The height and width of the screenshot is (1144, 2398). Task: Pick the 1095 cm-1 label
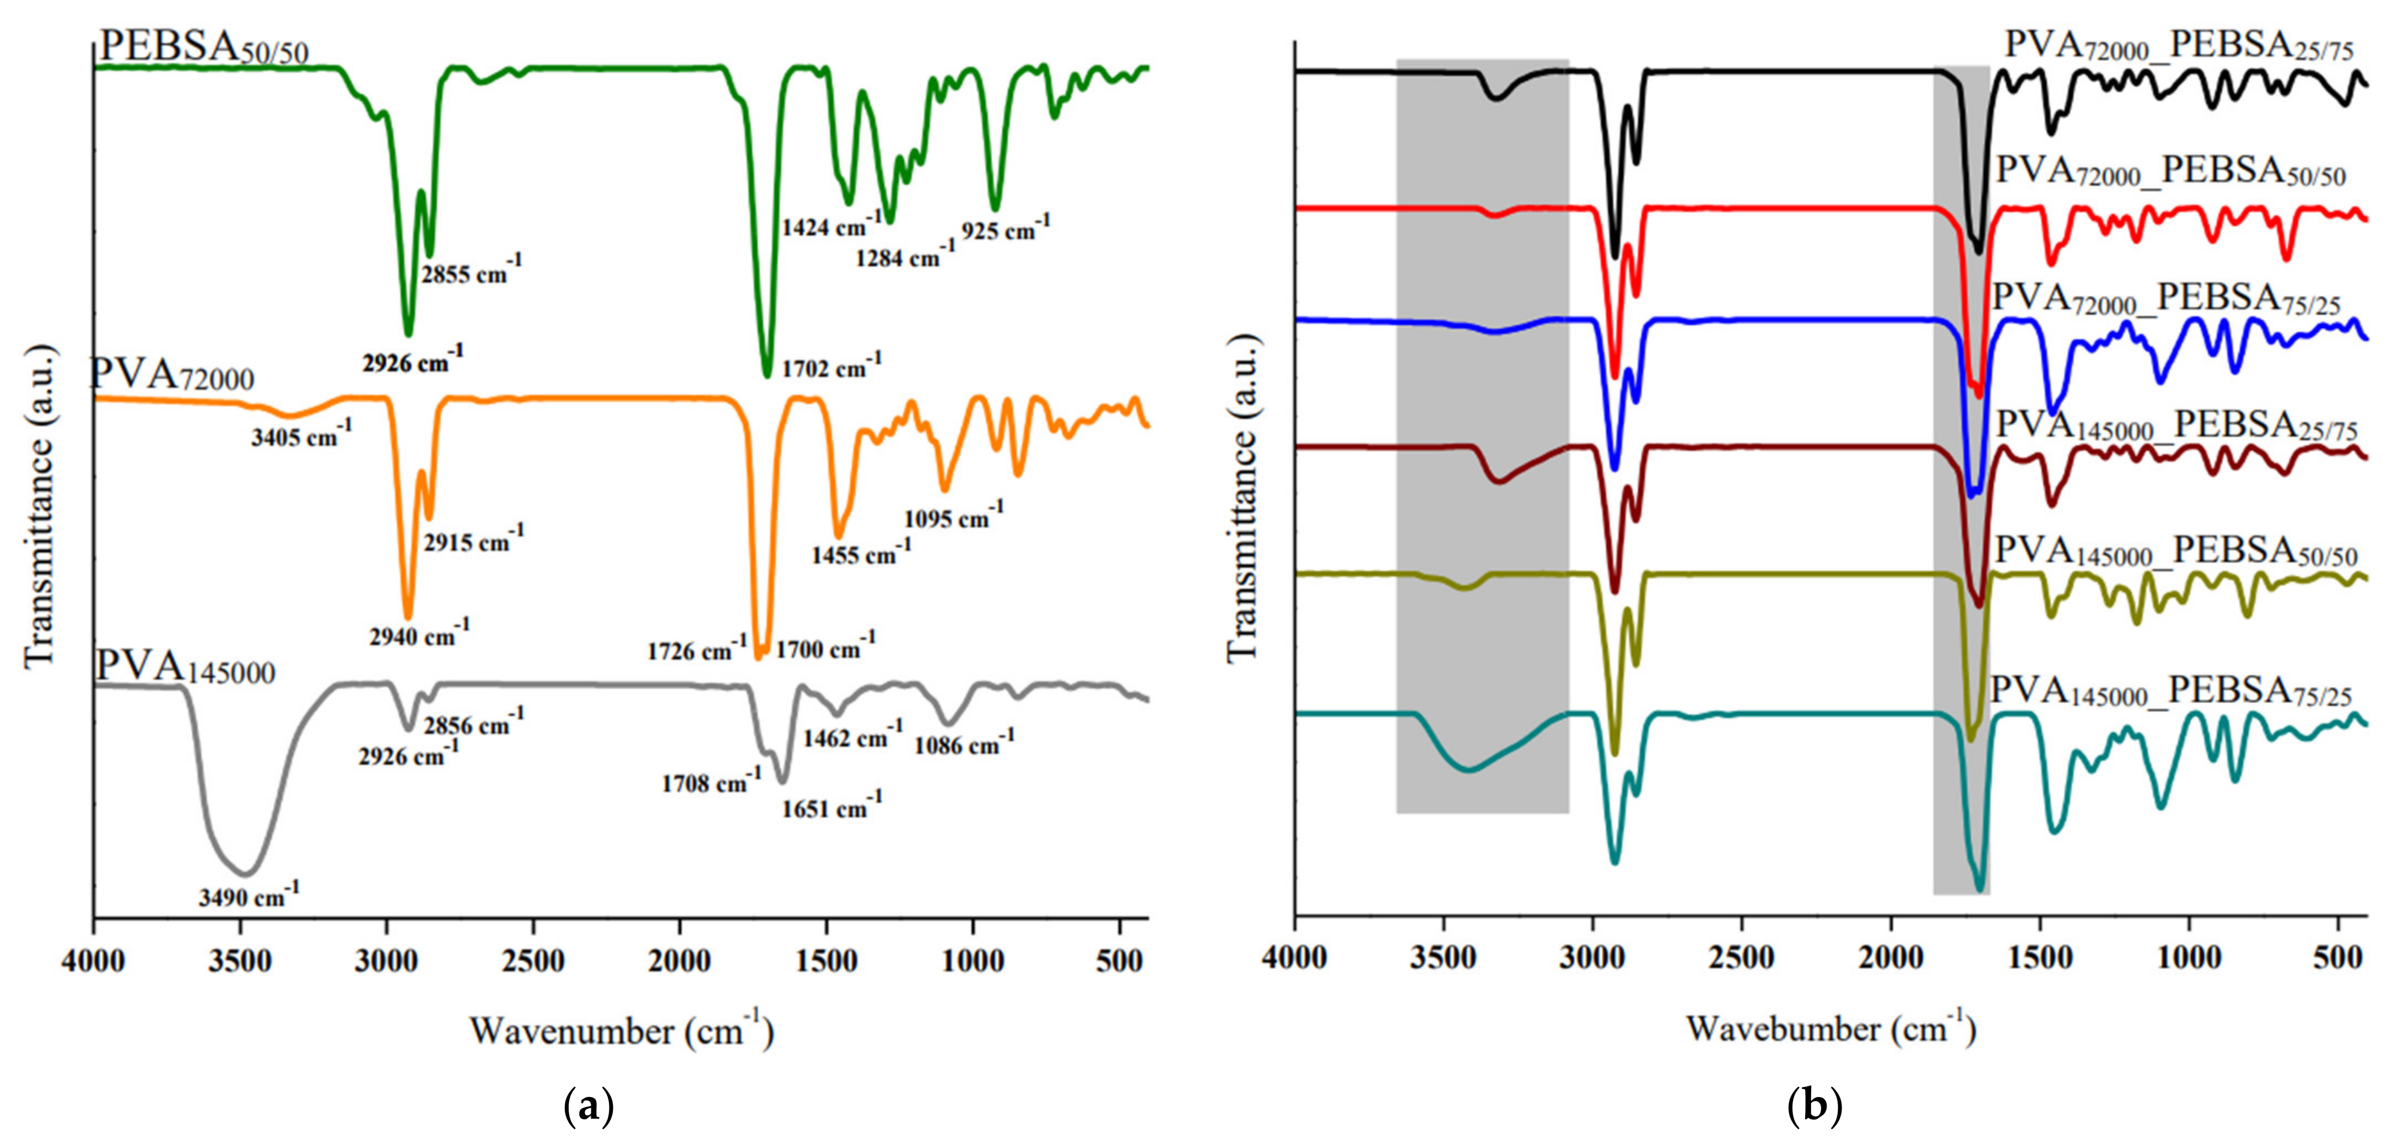tap(953, 516)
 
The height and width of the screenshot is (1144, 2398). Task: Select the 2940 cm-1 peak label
tap(419, 636)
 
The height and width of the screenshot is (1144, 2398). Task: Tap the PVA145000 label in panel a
tap(185, 667)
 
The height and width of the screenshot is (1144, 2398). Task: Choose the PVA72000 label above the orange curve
tap(172, 375)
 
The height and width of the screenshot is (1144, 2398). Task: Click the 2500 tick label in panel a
tap(533, 960)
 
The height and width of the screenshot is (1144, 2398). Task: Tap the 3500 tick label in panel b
tap(1444, 959)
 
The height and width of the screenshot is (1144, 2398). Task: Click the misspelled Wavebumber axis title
tap(1830, 1029)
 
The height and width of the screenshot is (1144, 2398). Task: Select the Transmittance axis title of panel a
tap(39, 508)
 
